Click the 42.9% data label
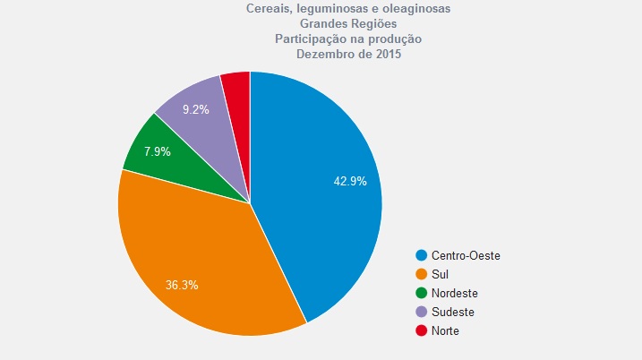(x=350, y=181)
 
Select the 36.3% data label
(x=181, y=285)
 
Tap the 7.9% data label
(x=157, y=151)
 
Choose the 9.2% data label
(x=195, y=110)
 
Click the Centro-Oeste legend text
(x=466, y=255)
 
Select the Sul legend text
(x=440, y=274)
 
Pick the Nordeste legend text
(x=455, y=293)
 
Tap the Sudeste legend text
(x=453, y=312)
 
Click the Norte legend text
(x=446, y=330)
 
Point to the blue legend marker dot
(x=421, y=255)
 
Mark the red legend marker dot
(x=421, y=330)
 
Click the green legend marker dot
(x=421, y=293)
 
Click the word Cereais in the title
(x=269, y=8)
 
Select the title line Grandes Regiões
(x=348, y=23)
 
